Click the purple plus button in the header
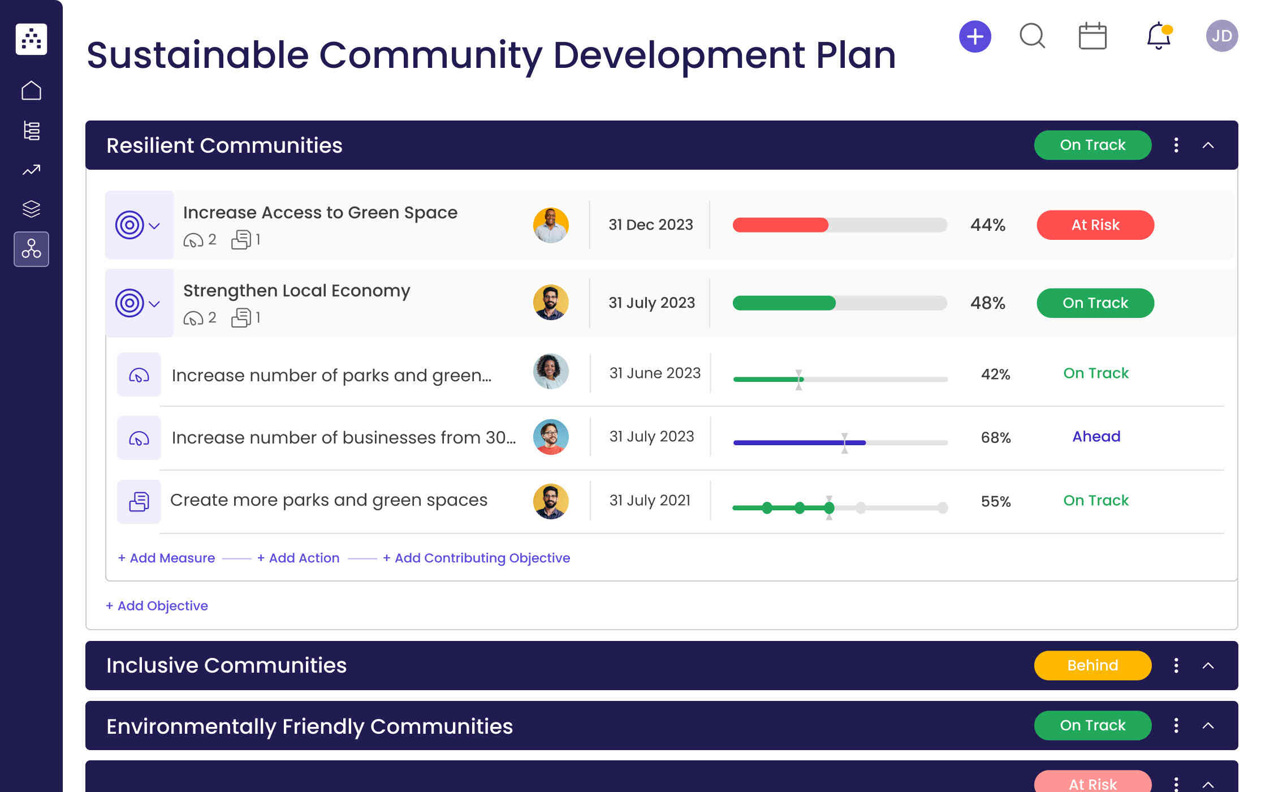(975, 37)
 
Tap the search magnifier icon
(1032, 36)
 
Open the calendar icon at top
(1092, 37)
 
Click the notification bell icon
(1158, 36)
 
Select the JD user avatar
(1221, 36)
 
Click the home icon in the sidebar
(31, 91)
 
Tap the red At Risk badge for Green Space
(1095, 225)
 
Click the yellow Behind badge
(1092, 665)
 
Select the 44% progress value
(987, 225)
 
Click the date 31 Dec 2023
(650, 225)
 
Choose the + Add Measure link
(166, 558)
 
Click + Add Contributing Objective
(476, 558)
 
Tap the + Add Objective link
(157, 606)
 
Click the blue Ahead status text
(1096, 437)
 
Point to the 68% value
(995, 437)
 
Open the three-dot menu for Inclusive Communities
(1176, 665)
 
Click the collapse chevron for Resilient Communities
(1208, 145)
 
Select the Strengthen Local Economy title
(296, 291)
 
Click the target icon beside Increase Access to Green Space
(129, 225)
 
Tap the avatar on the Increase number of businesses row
(550, 437)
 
